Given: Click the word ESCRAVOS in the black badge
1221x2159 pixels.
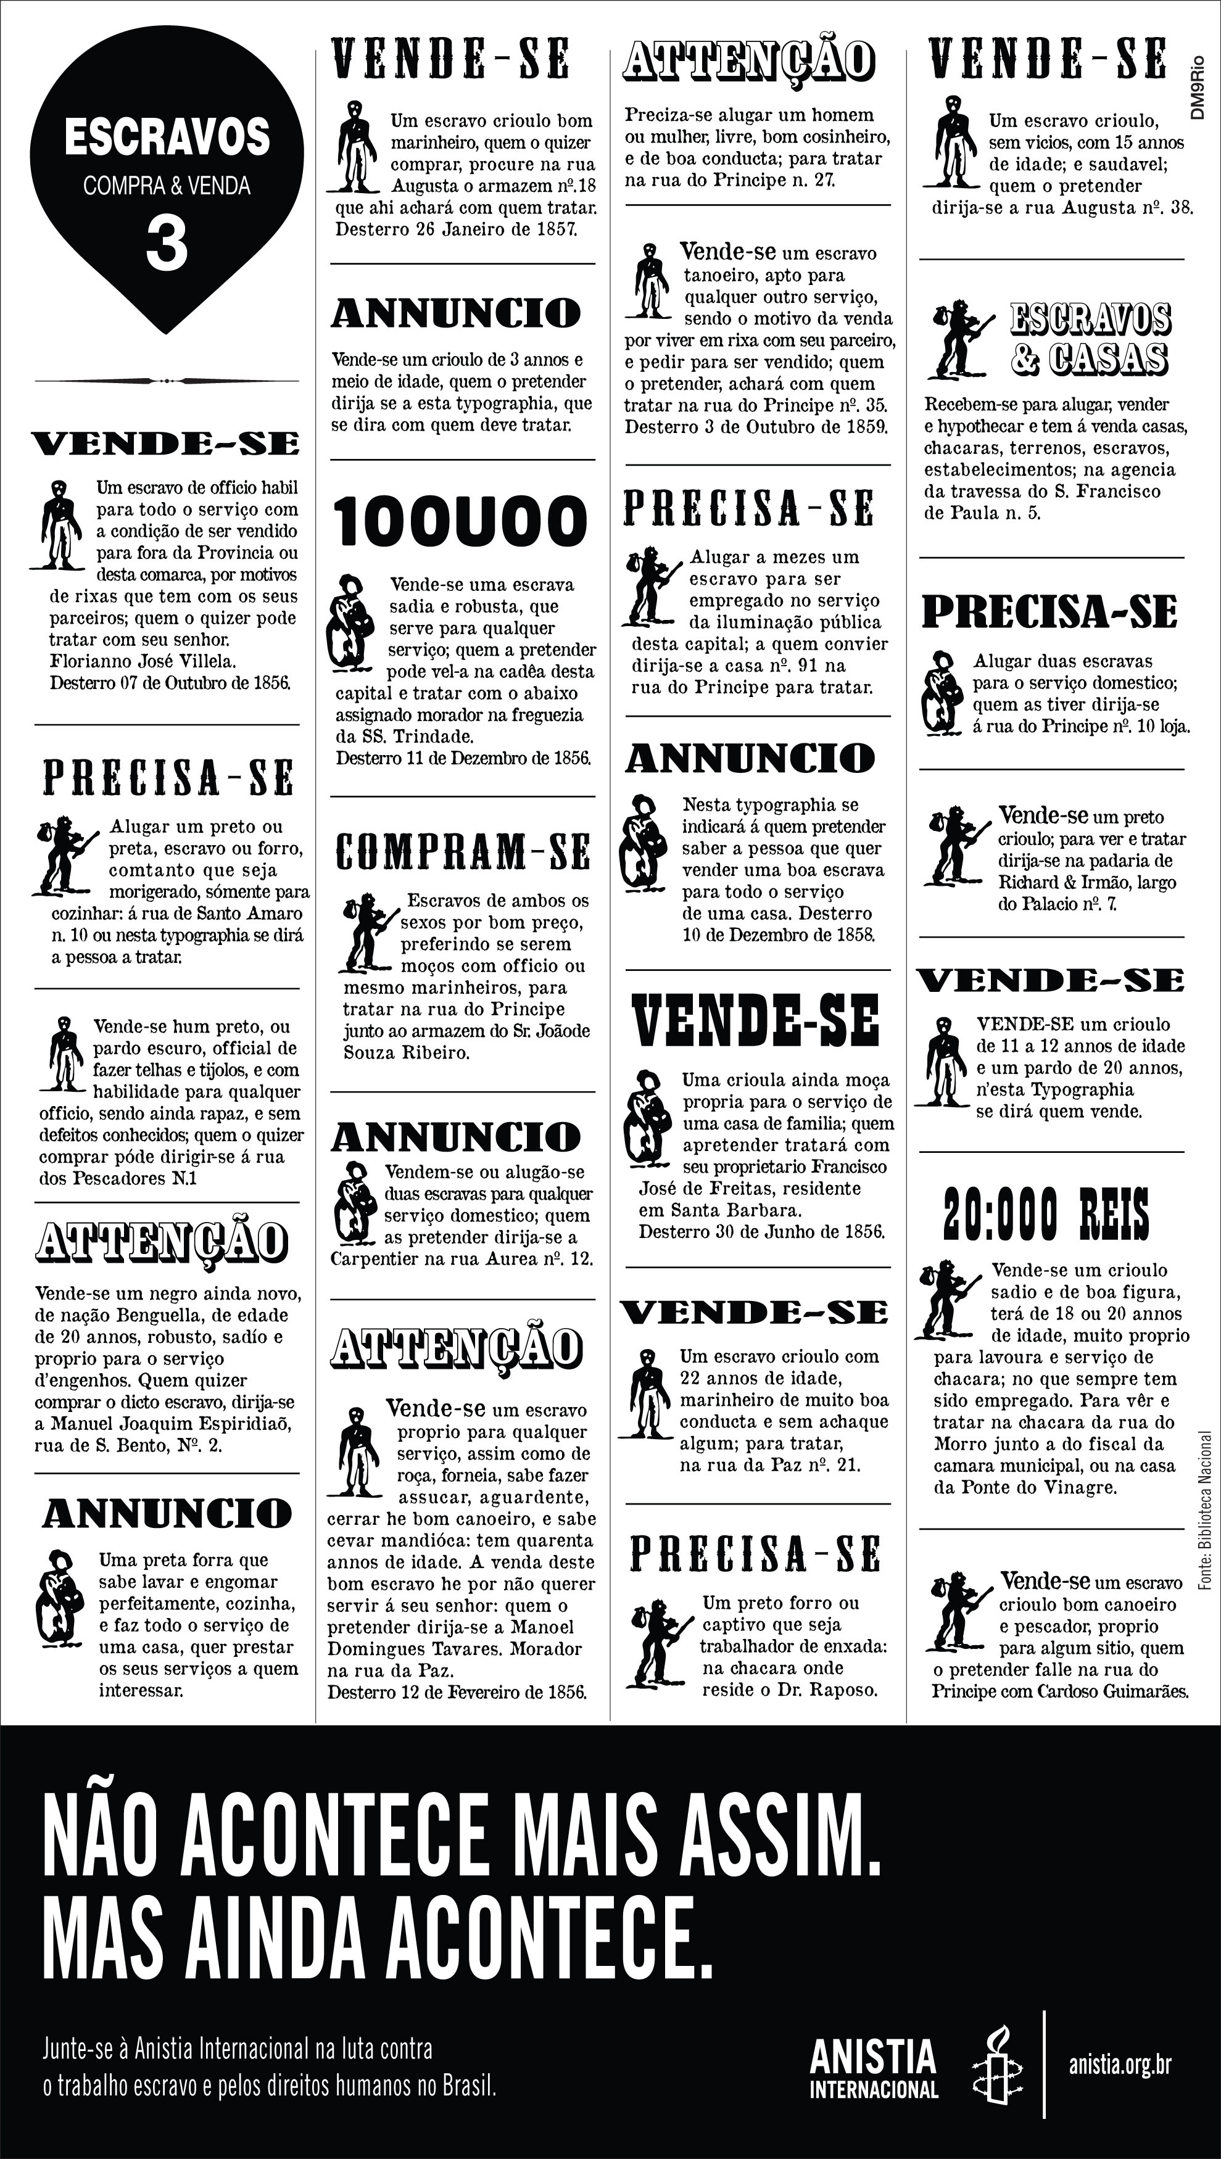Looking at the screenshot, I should [167, 138].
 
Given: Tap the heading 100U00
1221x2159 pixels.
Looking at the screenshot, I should [460, 521].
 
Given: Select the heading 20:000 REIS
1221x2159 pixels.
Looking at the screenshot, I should [1046, 1214].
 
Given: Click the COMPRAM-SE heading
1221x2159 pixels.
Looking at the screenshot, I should [463, 852].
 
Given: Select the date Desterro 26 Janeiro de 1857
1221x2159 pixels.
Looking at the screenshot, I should [455, 229].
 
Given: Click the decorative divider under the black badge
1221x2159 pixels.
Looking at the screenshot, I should [167, 381].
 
